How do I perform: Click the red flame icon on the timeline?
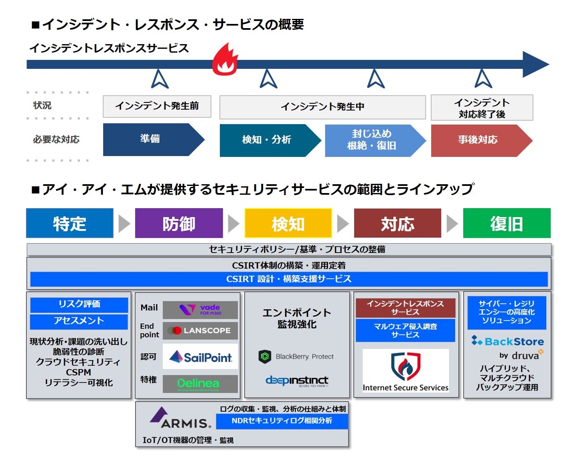pyautogui.click(x=225, y=60)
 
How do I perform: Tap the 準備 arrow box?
pyautogui.click(x=151, y=139)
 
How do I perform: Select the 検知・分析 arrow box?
pyautogui.click(x=267, y=140)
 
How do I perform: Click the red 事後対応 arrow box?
pyautogui.click(x=478, y=140)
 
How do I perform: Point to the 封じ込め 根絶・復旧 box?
pyautogui.click(x=372, y=140)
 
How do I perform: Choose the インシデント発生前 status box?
pyautogui.click(x=157, y=106)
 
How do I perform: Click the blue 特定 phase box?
pyautogui.click(x=70, y=223)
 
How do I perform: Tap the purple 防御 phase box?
pyautogui.click(x=179, y=223)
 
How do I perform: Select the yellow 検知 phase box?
pyautogui.click(x=288, y=223)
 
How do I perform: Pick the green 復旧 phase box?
pyautogui.click(x=507, y=223)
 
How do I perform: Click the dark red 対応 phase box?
pyautogui.click(x=397, y=223)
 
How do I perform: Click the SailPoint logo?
pyautogui.click(x=201, y=357)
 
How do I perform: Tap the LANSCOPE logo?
pyautogui.click(x=201, y=331)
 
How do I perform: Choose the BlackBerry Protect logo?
pyautogui.click(x=297, y=357)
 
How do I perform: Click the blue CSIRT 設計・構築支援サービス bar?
pyautogui.click(x=289, y=279)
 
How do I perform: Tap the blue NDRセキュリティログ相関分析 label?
pyautogui.click(x=282, y=421)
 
